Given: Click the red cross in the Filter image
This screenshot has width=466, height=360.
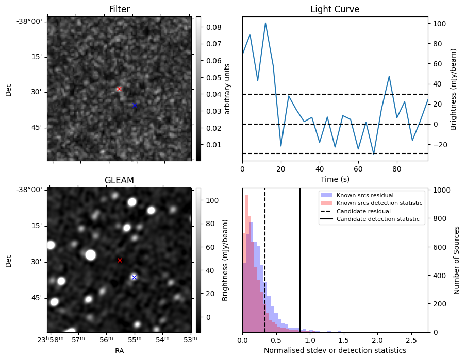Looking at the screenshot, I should tap(119, 89).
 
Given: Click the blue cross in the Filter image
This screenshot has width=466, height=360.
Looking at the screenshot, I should tap(135, 105).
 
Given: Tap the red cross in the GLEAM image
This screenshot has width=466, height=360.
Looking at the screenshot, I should tap(120, 260).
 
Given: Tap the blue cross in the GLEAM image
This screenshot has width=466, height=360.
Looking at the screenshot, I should tap(134, 277).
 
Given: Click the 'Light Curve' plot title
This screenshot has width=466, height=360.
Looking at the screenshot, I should tap(335, 9).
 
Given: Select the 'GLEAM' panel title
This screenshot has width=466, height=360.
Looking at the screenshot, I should tap(119, 180).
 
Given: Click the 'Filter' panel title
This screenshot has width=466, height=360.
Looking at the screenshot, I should tap(119, 9).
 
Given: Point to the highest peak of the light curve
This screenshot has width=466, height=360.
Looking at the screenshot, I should tap(265, 23).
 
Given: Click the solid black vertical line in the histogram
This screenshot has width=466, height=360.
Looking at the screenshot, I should tap(300, 258).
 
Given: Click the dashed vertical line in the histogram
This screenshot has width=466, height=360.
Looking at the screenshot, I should tap(265, 258).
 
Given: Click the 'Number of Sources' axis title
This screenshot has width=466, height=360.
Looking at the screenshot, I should tap(457, 260).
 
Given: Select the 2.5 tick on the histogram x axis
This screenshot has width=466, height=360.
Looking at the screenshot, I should tap(411, 340).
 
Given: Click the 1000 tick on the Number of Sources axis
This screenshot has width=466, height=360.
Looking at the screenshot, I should tap(444, 190).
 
